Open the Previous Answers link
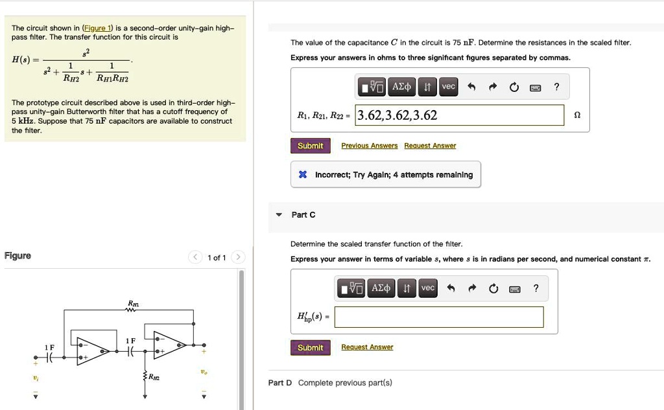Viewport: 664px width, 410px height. (369, 146)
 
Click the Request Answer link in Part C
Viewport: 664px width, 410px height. (367, 348)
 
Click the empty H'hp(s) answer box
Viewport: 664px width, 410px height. (439, 317)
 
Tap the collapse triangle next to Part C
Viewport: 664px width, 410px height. (279, 215)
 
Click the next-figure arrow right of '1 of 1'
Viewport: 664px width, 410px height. (238, 258)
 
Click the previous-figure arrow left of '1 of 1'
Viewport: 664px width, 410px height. (195, 258)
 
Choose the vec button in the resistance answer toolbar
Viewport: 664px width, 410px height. (448, 87)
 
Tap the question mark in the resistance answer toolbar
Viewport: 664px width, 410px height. (556, 87)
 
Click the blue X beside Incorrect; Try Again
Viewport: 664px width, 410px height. (303, 175)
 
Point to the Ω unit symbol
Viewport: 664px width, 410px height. (577, 116)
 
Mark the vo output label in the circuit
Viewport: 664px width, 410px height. (204, 373)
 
